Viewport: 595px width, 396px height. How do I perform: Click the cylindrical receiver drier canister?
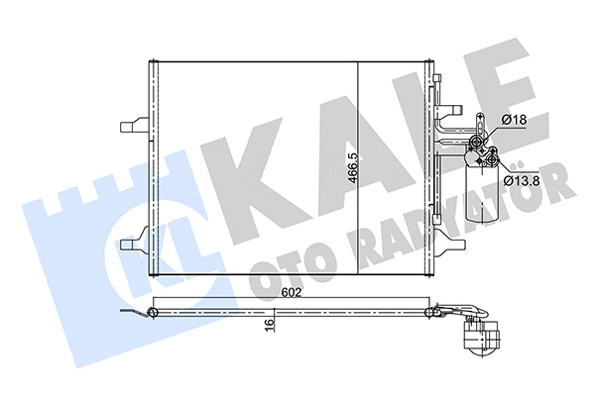coord(485,198)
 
